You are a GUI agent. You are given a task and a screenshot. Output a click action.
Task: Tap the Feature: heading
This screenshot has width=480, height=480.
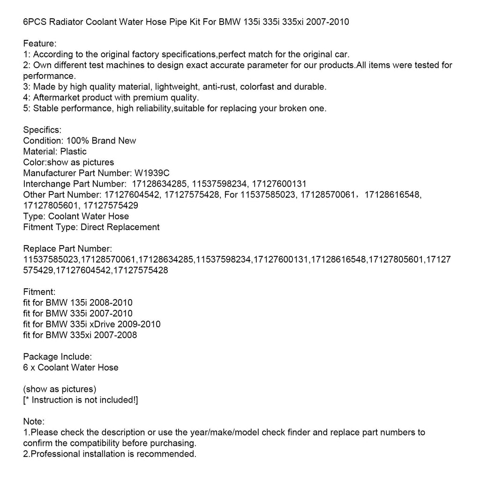[x=40, y=44]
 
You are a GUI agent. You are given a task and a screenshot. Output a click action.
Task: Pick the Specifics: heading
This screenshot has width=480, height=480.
[x=42, y=130]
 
